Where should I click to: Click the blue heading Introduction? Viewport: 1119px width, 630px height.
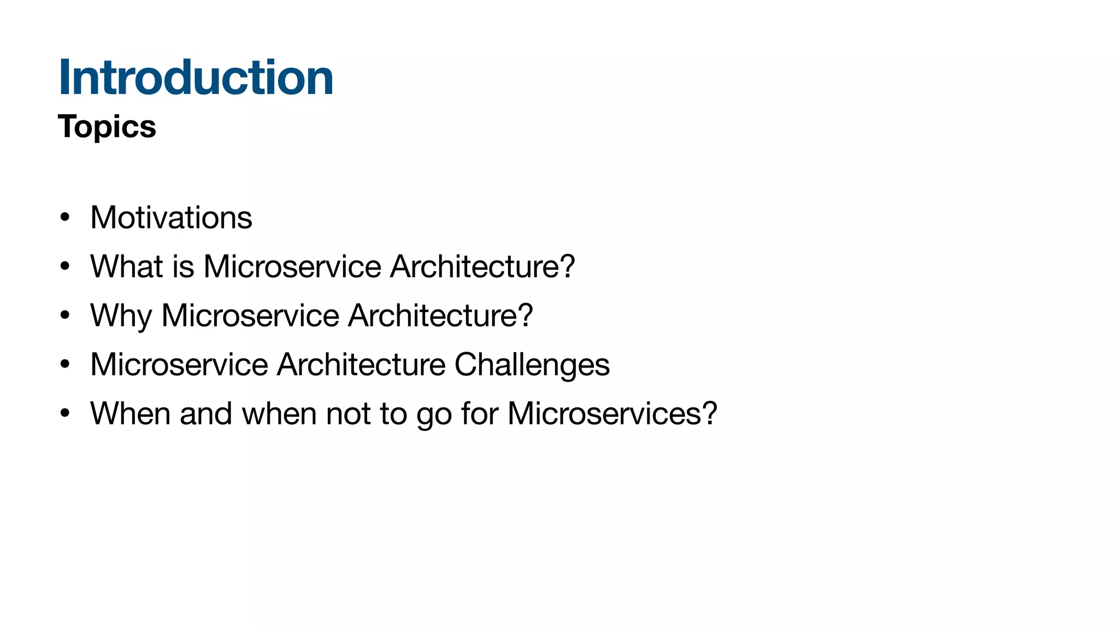pyautogui.click(x=195, y=78)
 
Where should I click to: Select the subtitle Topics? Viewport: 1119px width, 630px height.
pyautogui.click(x=107, y=127)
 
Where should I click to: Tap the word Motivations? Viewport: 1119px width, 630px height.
pyautogui.click(x=171, y=218)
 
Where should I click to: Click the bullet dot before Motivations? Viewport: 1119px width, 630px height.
pyautogui.click(x=65, y=218)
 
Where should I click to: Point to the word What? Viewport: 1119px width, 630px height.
pyautogui.click(x=126, y=266)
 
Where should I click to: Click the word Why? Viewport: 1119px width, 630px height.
pyautogui.click(x=121, y=316)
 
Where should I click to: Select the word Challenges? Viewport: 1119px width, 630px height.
pyautogui.click(x=532, y=365)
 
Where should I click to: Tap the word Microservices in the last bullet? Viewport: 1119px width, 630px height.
pyautogui.click(x=604, y=413)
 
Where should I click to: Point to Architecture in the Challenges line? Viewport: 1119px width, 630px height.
pyautogui.click(x=361, y=365)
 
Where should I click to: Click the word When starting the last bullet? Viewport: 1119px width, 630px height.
pyautogui.click(x=130, y=413)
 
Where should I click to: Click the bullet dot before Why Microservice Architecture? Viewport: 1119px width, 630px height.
pyautogui.click(x=65, y=316)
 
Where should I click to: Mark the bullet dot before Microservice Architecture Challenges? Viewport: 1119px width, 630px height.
pyautogui.click(x=65, y=365)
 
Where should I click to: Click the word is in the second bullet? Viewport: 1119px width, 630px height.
pyautogui.click(x=183, y=266)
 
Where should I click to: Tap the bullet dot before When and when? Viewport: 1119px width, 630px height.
pyautogui.click(x=65, y=414)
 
